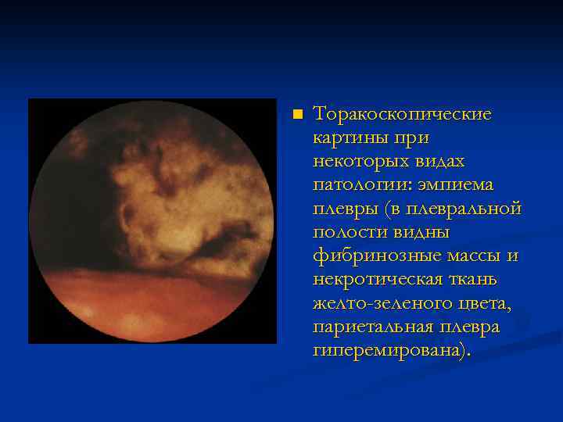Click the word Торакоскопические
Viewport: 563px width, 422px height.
click(402, 115)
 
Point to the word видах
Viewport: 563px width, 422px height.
click(440, 162)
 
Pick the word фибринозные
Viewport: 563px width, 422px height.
click(372, 256)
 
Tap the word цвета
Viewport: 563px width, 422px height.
click(481, 302)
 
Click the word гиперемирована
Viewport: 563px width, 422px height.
click(390, 349)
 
